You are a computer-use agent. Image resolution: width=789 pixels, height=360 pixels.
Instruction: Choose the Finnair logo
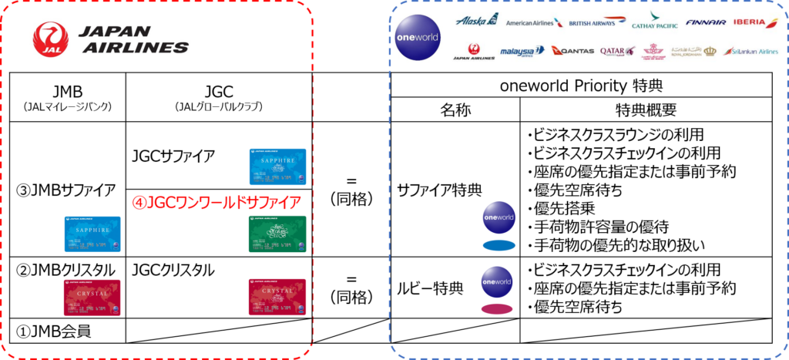(705, 23)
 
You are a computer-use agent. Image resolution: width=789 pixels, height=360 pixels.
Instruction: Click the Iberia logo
(754, 23)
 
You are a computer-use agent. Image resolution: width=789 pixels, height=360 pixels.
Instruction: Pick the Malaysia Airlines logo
(517, 52)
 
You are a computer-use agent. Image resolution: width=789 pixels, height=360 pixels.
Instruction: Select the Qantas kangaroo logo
(569, 51)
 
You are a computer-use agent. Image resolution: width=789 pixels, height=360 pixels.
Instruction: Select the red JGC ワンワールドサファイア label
(215, 202)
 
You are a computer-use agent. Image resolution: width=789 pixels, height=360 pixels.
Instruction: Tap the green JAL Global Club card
(277, 234)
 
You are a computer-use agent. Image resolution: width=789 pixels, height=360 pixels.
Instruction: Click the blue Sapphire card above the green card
(277, 167)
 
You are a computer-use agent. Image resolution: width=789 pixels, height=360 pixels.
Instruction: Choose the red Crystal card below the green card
(277, 297)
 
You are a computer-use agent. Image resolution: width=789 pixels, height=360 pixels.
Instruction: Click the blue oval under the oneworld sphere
(499, 246)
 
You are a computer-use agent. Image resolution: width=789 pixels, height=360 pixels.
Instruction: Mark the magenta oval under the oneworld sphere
(498, 309)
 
